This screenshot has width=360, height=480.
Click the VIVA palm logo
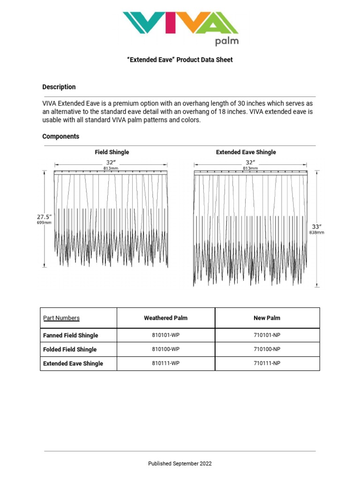click(180, 28)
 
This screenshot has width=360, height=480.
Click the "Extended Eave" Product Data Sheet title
click(180, 60)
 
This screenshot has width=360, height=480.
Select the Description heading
click(59, 87)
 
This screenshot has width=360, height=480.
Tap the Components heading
click(60, 136)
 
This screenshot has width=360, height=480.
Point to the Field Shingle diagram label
click(112, 152)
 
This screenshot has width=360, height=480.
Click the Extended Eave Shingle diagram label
click(246, 152)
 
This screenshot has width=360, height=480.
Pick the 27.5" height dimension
click(44, 217)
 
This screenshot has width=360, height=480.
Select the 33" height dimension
click(316, 226)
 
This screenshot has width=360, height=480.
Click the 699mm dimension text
click(44, 223)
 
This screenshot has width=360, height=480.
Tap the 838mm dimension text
click(316, 232)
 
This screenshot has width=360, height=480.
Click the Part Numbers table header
click(61, 318)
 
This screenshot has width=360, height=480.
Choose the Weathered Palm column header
click(165, 318)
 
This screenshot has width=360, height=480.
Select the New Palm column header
click(267, 318)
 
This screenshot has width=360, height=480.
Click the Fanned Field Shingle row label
click(71, 336)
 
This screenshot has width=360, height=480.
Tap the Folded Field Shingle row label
click(70, 350)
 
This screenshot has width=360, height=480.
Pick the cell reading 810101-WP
click(165, 336)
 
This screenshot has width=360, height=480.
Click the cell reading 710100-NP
click(267, 350)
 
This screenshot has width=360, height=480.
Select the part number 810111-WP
click(165, 364)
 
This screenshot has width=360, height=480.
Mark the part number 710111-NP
click(267, 364)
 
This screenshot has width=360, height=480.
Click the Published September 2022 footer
click(180, 464)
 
